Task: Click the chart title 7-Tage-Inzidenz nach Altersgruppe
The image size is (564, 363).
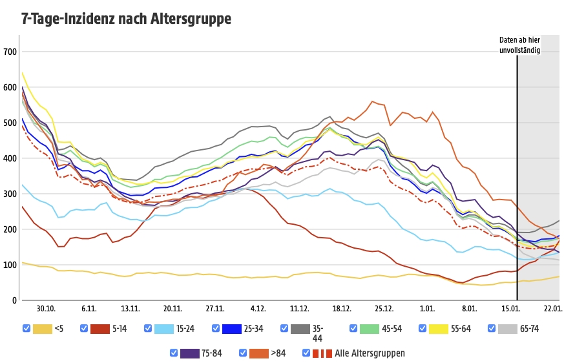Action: coord(125,19)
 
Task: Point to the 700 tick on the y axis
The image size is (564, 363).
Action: coord(10,52)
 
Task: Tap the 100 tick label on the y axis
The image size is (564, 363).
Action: coord(10,265)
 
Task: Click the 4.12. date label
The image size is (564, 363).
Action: coord(258,309)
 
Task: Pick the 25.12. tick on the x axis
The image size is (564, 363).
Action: coord(383,309)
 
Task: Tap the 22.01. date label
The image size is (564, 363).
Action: coord(550,309)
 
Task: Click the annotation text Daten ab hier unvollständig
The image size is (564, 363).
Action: coord(519,45)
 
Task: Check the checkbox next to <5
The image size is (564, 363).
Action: coord(26,329)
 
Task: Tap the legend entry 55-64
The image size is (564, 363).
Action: coord(461,329)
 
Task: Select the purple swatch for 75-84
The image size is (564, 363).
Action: coord(189,353)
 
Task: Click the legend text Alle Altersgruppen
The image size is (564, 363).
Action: coord(370,353)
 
